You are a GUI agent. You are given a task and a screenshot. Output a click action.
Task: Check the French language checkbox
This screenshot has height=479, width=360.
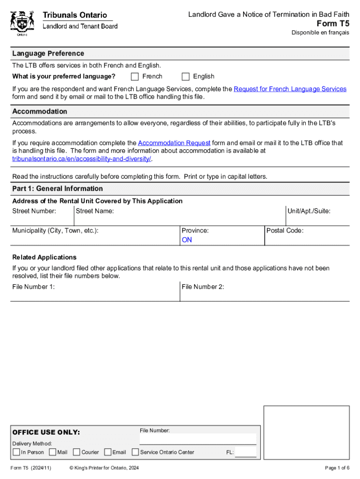click(x=135, y=77)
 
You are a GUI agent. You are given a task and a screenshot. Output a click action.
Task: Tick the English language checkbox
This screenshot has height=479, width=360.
click(x=186, y=77)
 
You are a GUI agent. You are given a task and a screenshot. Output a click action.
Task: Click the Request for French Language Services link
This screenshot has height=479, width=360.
click(x=290, y=89)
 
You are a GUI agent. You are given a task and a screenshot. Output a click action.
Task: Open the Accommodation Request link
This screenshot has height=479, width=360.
click(x=174, y=143)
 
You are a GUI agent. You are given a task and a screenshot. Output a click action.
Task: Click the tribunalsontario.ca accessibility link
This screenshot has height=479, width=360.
click(x=82, y=159)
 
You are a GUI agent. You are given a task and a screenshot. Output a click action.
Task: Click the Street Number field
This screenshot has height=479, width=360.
click(x=42, y=219)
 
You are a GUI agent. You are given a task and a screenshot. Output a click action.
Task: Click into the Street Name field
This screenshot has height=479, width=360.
click(x=180, y=219)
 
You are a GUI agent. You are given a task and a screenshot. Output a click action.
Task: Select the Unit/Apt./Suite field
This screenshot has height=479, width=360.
click(x=317, y=219)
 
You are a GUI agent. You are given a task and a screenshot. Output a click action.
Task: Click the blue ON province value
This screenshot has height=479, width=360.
click(x=187, y=240)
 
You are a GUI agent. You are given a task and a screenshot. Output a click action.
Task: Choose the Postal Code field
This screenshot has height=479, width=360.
click(x=307, y=239)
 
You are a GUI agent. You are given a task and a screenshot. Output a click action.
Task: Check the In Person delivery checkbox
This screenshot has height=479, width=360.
click(x=16, y=452)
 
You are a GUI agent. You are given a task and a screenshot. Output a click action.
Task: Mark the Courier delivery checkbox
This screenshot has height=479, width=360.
click(x=77, y=452)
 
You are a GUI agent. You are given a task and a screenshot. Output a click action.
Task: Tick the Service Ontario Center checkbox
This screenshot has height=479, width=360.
click(x=136, y=452)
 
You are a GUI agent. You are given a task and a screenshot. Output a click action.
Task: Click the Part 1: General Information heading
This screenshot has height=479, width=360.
click(x=58, y=189)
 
